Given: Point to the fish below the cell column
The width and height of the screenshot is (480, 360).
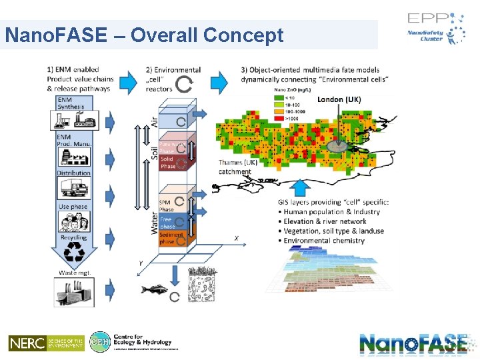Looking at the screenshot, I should [155, 289].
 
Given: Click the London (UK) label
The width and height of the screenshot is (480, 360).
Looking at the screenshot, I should [339, 100].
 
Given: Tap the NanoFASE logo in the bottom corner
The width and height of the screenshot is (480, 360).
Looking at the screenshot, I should [413, 343].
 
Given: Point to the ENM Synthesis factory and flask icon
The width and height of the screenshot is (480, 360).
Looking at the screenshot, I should [73, 120].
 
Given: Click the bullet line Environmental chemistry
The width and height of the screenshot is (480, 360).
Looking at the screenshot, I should [324, 241].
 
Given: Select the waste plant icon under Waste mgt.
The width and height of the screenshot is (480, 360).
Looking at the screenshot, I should [73, 291].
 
